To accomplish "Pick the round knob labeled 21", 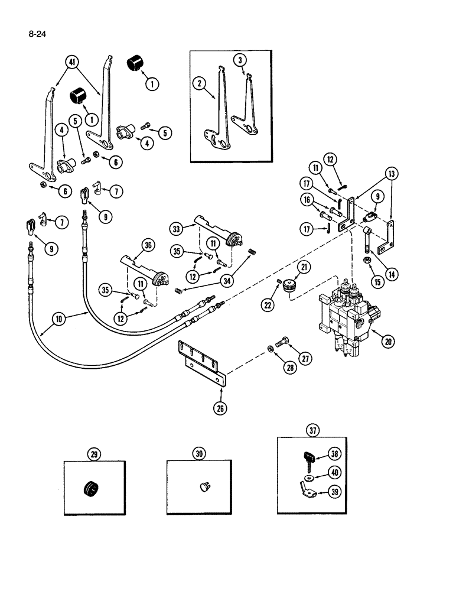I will [289, 286].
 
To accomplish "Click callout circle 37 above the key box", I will [312, 431].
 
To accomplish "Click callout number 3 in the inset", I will [239, 60].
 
